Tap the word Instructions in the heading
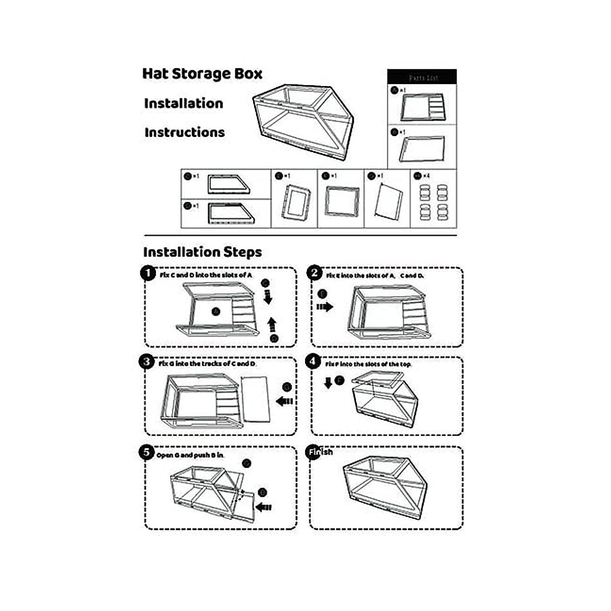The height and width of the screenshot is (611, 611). [x=184, y=132]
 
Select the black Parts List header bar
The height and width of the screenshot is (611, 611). [x=422, y=77]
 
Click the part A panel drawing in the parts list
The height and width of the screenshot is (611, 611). [x=423, y=107]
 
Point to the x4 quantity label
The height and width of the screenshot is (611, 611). [x=426, y=176]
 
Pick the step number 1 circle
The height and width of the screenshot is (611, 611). [x=148, y=273]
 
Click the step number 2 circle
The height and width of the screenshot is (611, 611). [x=314, y=273]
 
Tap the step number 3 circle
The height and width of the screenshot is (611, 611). [x=147, y=362]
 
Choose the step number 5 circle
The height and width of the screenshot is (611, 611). [x=147, y=452]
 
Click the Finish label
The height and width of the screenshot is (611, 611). [x=320, y=452]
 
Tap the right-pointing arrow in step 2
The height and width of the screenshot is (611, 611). [x=324, y=307]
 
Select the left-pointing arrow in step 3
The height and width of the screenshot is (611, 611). [x=284, y=401]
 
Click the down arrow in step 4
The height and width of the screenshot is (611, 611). [x=328, y=383]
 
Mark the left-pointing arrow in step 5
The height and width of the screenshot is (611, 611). [x=263, y=507]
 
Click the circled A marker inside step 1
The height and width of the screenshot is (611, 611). [x=215, y=311]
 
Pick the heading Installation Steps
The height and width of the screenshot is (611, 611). [x=202, y=252]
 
